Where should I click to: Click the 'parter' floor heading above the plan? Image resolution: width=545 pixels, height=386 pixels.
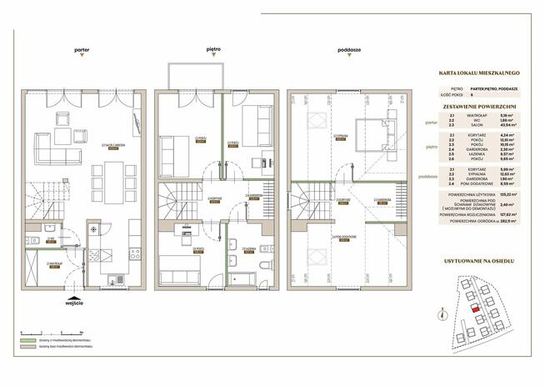pyautogui.click(x=81, y=49)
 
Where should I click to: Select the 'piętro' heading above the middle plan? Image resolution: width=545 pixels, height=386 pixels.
pyautogui.click(x=213, y=49)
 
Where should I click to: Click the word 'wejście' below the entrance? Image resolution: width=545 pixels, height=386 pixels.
pyautogui.click(x=75, y=303)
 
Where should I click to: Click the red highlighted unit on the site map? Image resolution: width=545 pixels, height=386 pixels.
pyautogui.click(x=476, y=308)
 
